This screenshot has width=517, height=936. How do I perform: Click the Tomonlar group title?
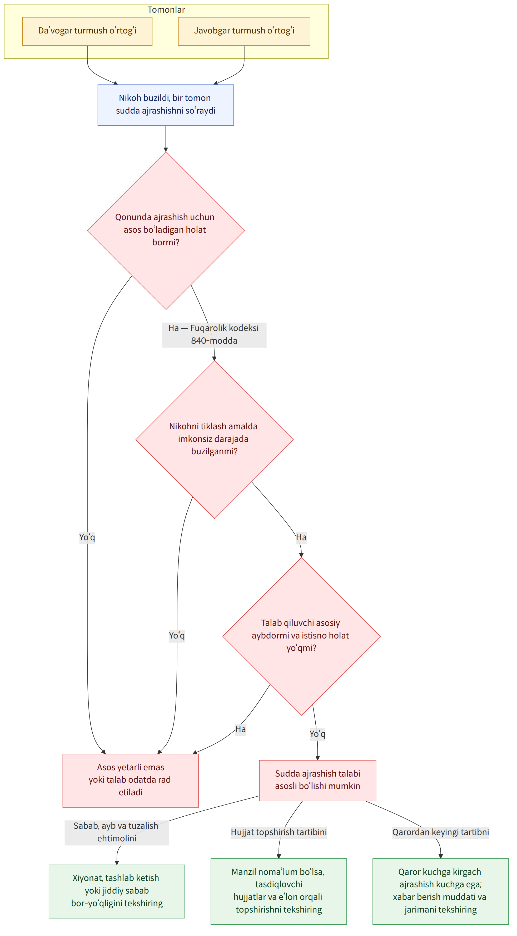point(166,10)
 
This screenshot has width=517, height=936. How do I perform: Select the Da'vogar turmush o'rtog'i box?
point(87,31)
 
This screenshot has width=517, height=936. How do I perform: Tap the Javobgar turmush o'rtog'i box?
point(244,31)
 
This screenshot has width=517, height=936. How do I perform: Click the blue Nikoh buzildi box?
point(166,105)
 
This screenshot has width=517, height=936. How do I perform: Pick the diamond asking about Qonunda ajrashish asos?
point(166,230)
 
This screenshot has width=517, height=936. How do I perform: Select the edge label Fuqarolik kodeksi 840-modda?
point(214,335)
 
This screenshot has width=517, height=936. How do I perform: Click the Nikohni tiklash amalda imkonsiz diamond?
point(215,439)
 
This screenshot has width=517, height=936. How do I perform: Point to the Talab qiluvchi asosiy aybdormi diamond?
point(301,636)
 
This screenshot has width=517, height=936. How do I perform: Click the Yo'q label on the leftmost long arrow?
point(87,537)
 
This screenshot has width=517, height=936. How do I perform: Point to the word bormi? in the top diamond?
point(166,242)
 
